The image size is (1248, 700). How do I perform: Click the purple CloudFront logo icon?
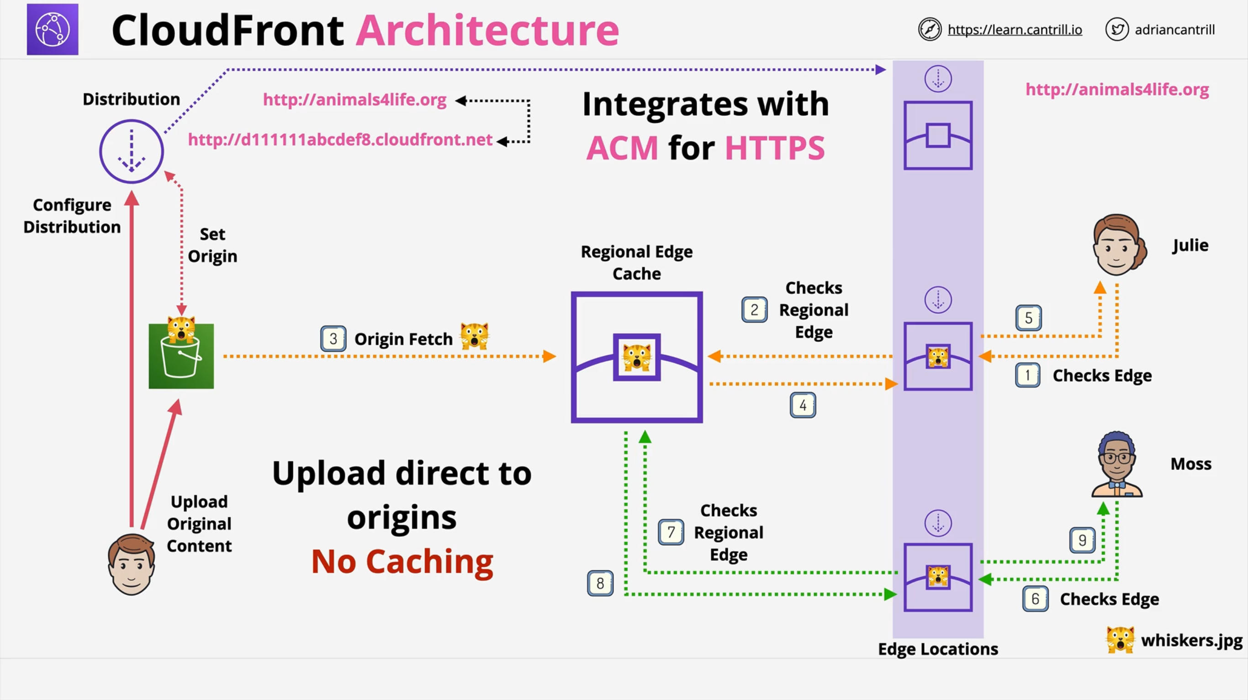(53, 29)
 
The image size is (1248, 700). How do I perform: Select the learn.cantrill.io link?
(1015, 30)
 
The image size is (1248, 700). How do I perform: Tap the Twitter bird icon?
(1117, 30)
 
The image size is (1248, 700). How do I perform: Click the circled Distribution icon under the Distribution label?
(131, 151)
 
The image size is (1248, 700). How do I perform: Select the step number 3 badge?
(333, 339)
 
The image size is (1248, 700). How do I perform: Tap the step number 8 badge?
(600, 583)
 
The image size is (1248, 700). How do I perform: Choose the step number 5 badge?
(1028, 318)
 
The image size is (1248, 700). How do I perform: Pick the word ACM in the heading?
(622, 148)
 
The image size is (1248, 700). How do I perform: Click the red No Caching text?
(402, 562)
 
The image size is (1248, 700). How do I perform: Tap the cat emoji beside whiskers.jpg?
(1120, 639)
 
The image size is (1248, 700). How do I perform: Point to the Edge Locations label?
(937, 649)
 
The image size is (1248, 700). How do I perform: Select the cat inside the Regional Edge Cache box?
(636, 357)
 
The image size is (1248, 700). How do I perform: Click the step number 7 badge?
(671, 532)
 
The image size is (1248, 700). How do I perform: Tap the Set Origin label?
(212, 245)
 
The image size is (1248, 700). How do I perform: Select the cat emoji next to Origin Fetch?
(474, 336)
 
